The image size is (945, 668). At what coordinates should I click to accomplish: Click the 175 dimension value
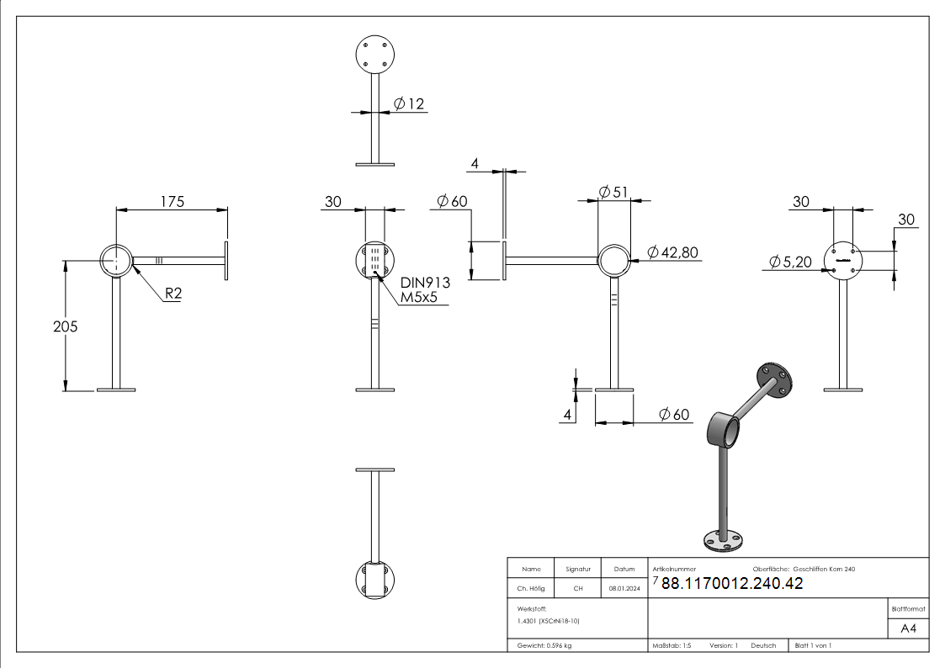[x=172, y=201]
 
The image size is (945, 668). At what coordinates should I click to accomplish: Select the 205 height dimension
[x=65, y=326]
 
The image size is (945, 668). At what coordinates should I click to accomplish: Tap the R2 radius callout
[x=174, y=294]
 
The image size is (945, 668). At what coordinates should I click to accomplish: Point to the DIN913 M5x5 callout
[x=425, y=289]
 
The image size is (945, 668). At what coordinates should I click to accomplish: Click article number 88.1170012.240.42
[x=732, y=584]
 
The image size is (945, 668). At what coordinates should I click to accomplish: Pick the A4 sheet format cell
[x=908, y=628]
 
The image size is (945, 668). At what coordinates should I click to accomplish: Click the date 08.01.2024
[x=624, y=589]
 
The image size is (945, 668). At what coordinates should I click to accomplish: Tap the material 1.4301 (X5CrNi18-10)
[x=549, y=621]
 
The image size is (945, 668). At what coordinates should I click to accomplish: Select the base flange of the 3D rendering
[x=721, y=541]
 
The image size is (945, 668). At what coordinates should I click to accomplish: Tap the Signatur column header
[x=578, y=569]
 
